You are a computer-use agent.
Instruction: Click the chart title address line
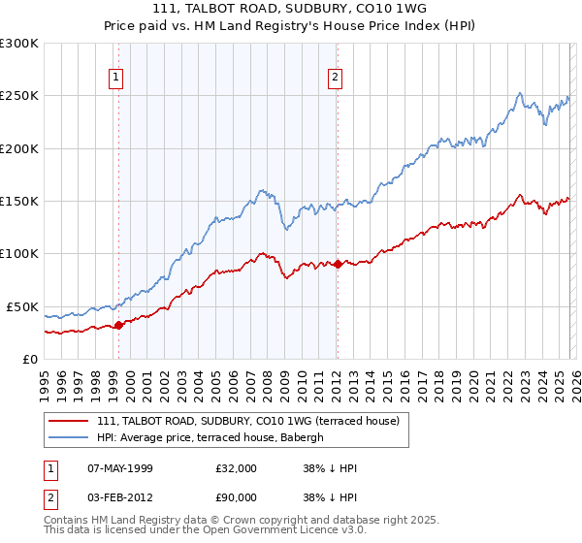[290, 8]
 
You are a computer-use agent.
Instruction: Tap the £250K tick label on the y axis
[19, 96]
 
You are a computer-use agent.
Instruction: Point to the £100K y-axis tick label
[19, 253]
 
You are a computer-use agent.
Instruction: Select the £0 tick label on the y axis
[29, 359]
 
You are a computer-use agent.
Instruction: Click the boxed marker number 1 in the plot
[116, 78]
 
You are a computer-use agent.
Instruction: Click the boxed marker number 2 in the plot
[335, 78]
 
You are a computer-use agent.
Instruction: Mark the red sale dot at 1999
[118, 325]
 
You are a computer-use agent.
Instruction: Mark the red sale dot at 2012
[337, 264]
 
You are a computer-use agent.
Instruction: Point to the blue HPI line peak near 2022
[520, 93]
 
